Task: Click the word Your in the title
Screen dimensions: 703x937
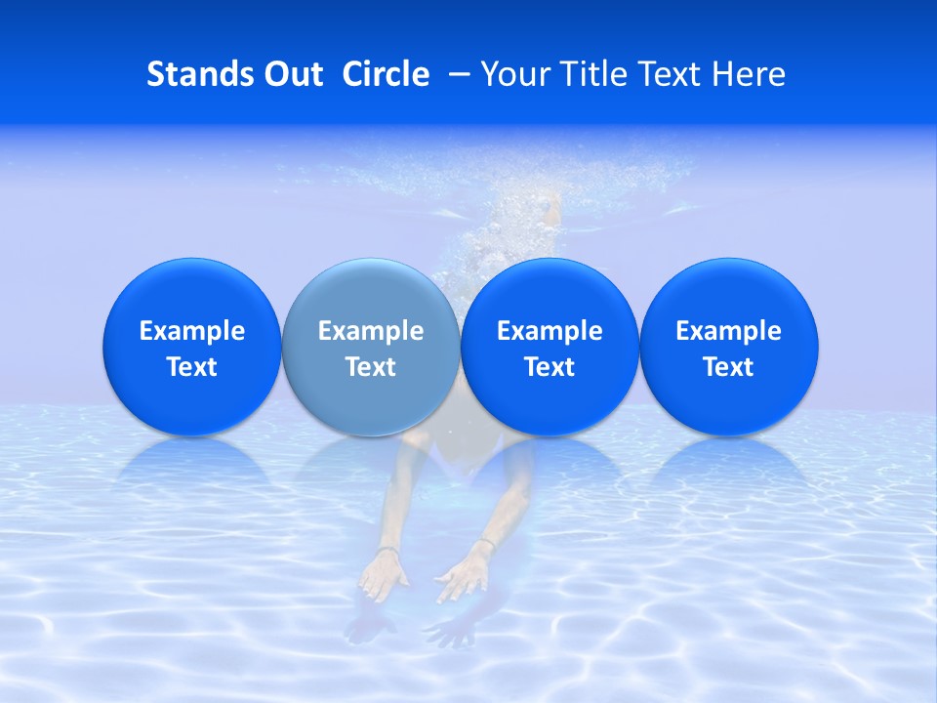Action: (514, 74)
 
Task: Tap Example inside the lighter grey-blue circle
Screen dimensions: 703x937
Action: (371, 331)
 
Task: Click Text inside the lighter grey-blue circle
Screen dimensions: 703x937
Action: (371, 367)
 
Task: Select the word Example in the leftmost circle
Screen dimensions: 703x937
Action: (192, 331)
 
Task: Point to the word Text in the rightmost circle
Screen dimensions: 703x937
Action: (729, 367)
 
